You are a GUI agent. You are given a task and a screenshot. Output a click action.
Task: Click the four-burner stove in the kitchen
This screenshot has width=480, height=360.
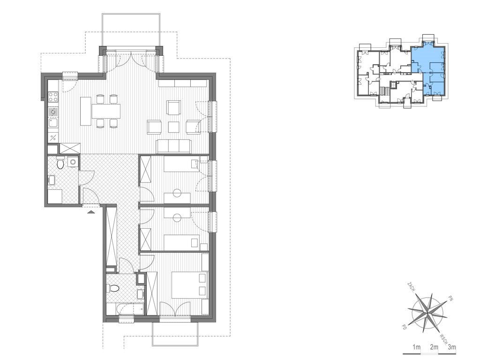(53, 97)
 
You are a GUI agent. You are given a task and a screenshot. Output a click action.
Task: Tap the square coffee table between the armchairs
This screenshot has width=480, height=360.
(173, 127)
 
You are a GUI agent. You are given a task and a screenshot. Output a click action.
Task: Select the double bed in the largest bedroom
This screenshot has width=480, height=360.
(189, 285)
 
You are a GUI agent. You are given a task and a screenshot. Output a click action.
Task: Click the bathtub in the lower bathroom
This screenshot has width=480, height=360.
(130, 309)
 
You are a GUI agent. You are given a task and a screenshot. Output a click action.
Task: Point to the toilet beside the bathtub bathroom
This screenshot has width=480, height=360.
(112, 288)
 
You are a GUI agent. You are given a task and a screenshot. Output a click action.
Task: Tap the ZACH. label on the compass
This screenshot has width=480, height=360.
(411, 287)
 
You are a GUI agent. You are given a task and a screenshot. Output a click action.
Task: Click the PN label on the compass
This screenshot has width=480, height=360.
(450, 297)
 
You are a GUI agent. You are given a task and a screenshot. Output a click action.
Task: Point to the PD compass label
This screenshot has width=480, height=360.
(404, 327)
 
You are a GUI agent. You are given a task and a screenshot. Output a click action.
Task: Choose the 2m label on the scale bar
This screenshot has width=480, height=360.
(434, 347)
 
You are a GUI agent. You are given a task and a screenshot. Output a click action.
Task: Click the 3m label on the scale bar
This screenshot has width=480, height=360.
(451, 347)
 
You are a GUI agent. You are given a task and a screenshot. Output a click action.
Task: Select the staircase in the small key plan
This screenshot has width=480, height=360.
(382, 90)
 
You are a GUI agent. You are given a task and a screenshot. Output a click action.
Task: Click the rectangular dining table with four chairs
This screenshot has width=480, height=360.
(106, 111)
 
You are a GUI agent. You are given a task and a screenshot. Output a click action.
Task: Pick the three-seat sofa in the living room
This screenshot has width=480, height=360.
(174, 146)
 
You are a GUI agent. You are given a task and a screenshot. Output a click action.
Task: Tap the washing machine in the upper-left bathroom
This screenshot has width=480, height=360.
(73, 162)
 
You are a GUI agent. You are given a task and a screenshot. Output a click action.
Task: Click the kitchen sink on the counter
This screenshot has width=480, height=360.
(52, 124)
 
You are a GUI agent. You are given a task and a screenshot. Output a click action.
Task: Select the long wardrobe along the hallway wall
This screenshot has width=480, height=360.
(112, 237)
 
